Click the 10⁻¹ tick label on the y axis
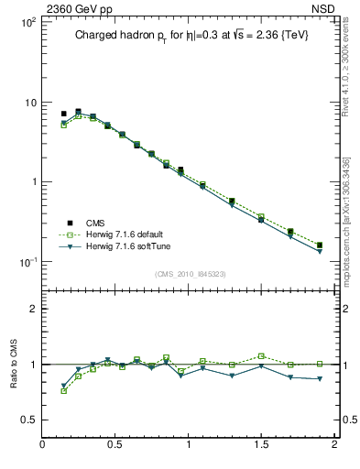(27, 262)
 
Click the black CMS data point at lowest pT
(63, 114)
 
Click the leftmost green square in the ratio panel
(63, 391)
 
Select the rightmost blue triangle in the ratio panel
(319, 378)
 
